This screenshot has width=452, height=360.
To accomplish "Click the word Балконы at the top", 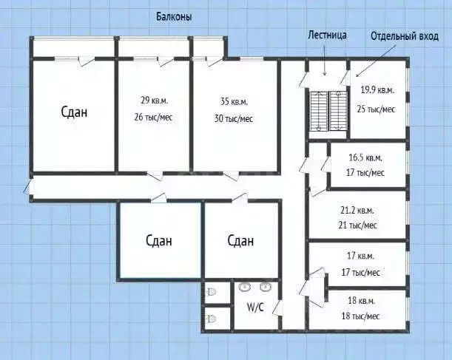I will point(175,17).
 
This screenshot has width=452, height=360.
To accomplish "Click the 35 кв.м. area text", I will point(234,101).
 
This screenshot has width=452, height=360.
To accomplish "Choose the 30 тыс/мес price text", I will point(234,118).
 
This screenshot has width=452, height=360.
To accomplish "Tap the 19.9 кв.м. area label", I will point(377,91).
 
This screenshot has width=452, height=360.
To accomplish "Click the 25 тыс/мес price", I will point(377,109).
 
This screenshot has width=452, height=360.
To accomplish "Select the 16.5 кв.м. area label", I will point(365,157).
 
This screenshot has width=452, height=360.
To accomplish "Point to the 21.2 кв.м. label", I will point(359,209).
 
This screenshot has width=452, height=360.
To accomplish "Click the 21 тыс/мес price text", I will point(359,225).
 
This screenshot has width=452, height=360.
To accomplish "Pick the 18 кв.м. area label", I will point(362,301).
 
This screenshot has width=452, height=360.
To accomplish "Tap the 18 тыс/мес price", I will point(362,316).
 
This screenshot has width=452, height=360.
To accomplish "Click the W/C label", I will point(255,306).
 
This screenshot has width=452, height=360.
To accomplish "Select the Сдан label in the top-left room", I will point(74,112).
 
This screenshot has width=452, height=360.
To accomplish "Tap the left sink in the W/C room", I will point(246,287).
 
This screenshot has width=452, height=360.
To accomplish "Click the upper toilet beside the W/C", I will point(212,291).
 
